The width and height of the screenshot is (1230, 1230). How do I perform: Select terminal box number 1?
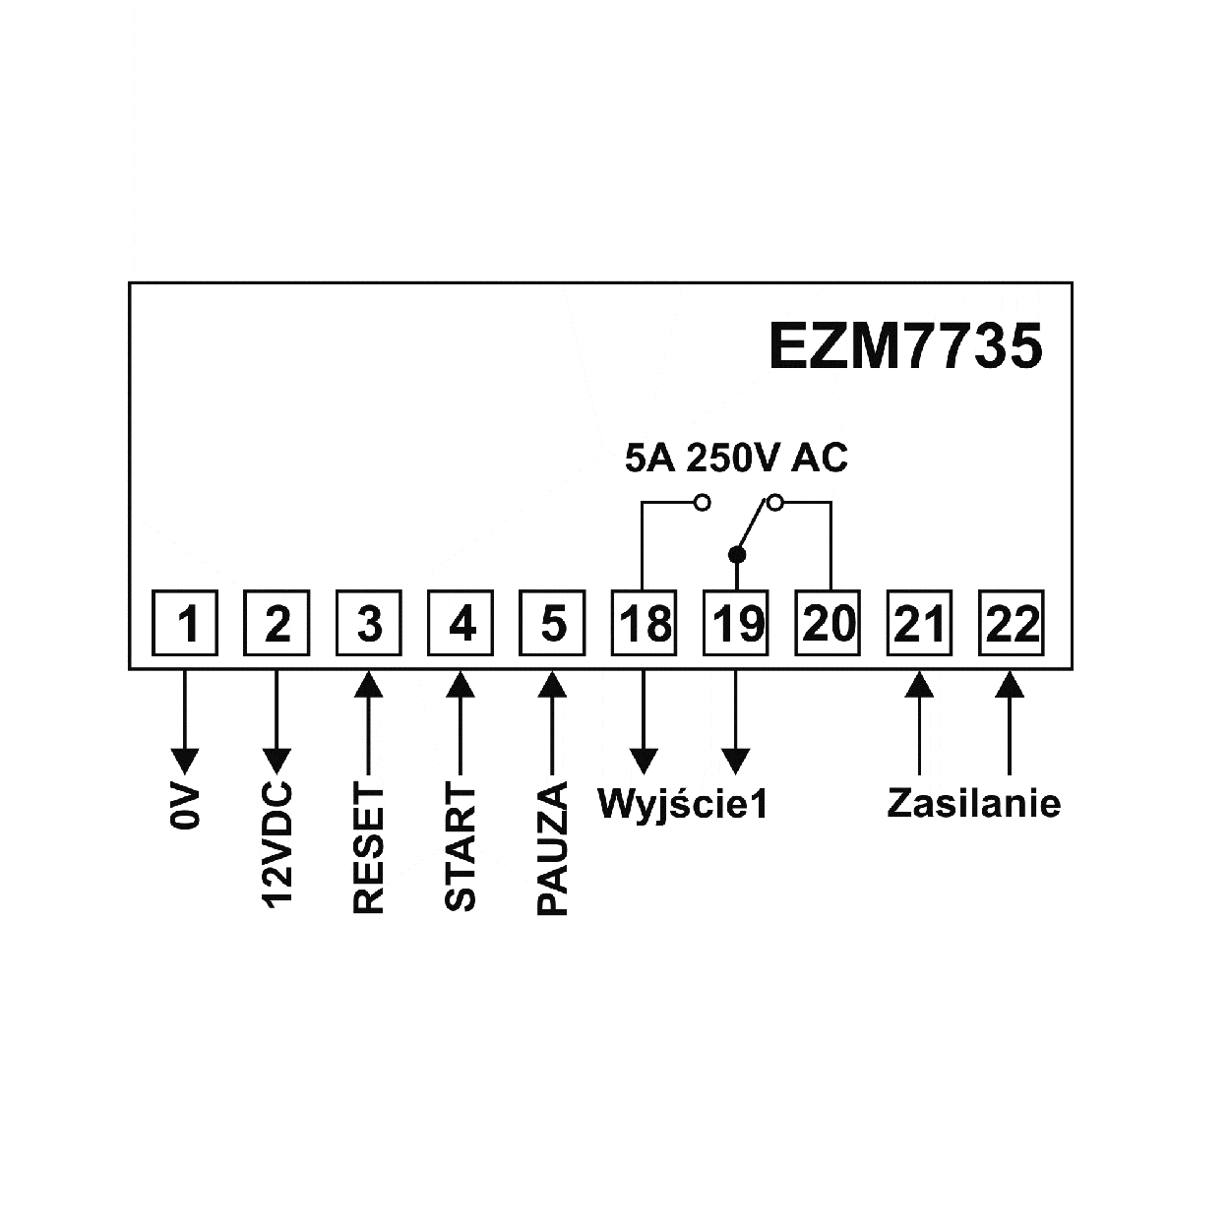[186, 623]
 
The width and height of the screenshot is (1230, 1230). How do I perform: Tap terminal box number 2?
[277, 623]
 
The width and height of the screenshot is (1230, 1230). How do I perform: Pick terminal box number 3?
[369, 623]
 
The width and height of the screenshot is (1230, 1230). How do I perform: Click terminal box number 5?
[553, 623]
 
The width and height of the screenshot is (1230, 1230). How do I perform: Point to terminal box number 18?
[645, 623]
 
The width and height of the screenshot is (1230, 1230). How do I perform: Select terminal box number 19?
[736, 623]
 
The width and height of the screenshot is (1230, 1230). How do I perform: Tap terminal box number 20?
[829, 623]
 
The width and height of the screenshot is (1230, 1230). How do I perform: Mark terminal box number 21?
[920, 623]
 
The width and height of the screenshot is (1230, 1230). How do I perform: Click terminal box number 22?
[1012, 623]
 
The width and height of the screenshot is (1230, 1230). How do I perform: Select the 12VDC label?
[277, 846]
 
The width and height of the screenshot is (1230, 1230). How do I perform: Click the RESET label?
[369, 849]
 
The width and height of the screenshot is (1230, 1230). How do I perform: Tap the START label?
[461, 847]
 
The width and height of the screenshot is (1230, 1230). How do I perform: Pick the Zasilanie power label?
[973, 803]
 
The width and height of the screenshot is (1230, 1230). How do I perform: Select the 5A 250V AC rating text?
[736, 459]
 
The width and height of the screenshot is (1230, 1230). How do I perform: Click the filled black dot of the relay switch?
[737, 554]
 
